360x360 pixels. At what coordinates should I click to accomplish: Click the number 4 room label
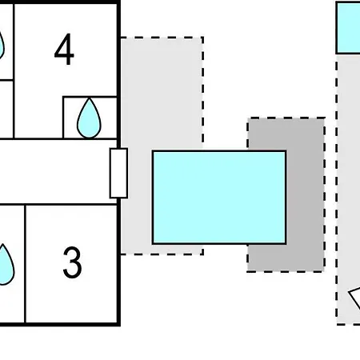pyautogui.click(x=64, y=49)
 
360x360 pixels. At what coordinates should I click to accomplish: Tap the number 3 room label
pyautogui.click(x=72, y=262)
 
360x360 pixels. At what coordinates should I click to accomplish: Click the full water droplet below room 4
pyautogui.click(x=89, y=118)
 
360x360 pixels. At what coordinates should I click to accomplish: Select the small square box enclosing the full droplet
pyautogui.click(x=90, y=118)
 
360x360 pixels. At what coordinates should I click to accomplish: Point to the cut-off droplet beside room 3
pyautogui.click(x=6, y=265)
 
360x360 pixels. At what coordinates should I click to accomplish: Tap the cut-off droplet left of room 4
pyautogui.click(x=2, y=46)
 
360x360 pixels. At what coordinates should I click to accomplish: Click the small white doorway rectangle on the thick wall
pyautogui.click(x=118, y=174)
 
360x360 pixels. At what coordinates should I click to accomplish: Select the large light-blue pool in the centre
pyautogui.click(x=219, y=198)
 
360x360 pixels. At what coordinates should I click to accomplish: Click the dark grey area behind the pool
pyautogui.click(x=306, y=194)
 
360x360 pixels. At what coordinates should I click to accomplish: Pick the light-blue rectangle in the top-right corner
pyautogui.click(x=348, y=28)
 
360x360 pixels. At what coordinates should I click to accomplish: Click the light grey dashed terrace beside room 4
pyautogui.click(x=162, y=94)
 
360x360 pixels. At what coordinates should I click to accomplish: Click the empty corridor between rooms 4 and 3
pyautogui.click(x=54, y=172)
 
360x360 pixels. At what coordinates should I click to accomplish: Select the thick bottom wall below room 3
pyautogui.click(x=60, y=324)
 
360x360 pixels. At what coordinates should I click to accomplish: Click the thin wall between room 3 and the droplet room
pyautogui.click(x=25, y=263)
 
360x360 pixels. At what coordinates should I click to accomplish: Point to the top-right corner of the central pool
pyautogui.click(x=286, y=150)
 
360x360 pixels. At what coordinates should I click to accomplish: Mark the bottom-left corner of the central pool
pyautogui.click(x=152, y=244)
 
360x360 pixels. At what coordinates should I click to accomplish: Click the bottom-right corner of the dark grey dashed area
pyautogui.click(x=325, y=272)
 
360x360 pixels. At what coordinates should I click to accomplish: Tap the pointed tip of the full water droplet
pyautogui.click(x=89, y=98)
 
